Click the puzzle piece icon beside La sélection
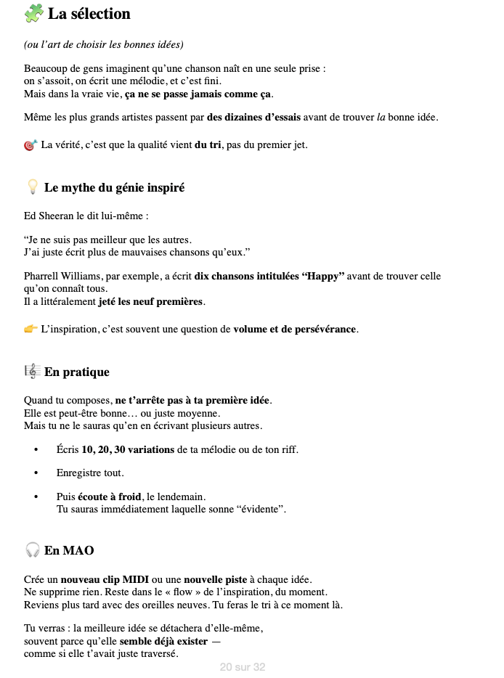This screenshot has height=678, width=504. [x=33, y=13]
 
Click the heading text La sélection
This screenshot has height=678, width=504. [x=89, y=14]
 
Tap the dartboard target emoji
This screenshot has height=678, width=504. [x=30, y=145]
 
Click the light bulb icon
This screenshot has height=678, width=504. [x=32, y=187]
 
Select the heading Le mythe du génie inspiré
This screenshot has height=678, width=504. [x=114, y=188]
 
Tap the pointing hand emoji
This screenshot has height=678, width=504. [x=31, y=329]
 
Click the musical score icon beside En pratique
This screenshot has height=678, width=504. [x=32, y=372]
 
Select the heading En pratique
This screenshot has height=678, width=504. [x=76, y=372]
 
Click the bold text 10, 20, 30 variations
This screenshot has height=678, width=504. [x=128, y=449]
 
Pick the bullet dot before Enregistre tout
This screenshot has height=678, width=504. [x=36, y=473]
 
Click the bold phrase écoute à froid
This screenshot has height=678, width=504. [x=109, y=497]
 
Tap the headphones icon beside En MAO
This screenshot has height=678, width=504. [x=32, y=550]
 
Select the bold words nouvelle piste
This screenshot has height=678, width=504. [x=214, y=579]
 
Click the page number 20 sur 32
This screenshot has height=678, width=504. [x=243, y=667]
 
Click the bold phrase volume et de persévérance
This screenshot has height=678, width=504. [x=294, y=330]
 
